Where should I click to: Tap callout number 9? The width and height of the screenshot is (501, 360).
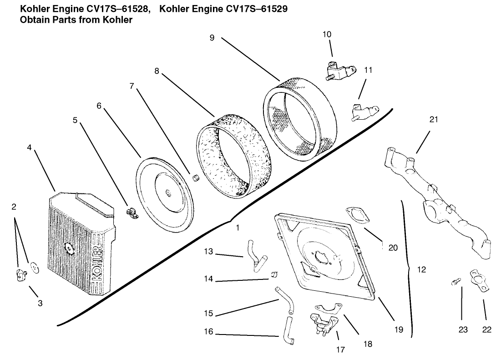pos(212,38)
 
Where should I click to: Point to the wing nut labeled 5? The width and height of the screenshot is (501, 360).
pos(132,212)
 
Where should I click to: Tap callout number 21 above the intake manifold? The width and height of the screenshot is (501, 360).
pos(434,120)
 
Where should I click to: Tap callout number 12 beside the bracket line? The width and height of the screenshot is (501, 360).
pos(421,269)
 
